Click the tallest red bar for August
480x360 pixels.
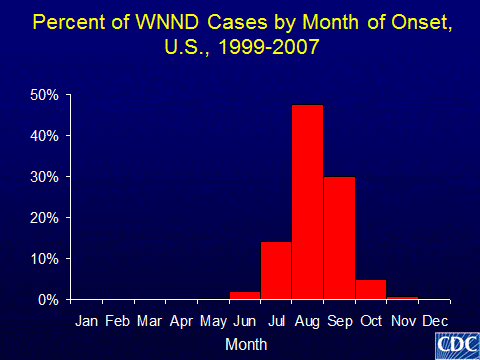point(307,201)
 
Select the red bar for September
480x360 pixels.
point(339,237)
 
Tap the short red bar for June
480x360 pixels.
point(244,295)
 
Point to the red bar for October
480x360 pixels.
point(370,289)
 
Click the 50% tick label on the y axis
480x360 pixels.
point(49,95)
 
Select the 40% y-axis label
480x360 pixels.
point(49,136)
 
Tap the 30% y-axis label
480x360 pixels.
point(49,177)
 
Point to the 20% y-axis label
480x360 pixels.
point(49,218)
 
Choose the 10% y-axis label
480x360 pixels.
point(49,259)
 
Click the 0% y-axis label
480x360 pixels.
point(52,300)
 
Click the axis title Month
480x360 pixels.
point(245,343)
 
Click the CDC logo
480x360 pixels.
point(455,344)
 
